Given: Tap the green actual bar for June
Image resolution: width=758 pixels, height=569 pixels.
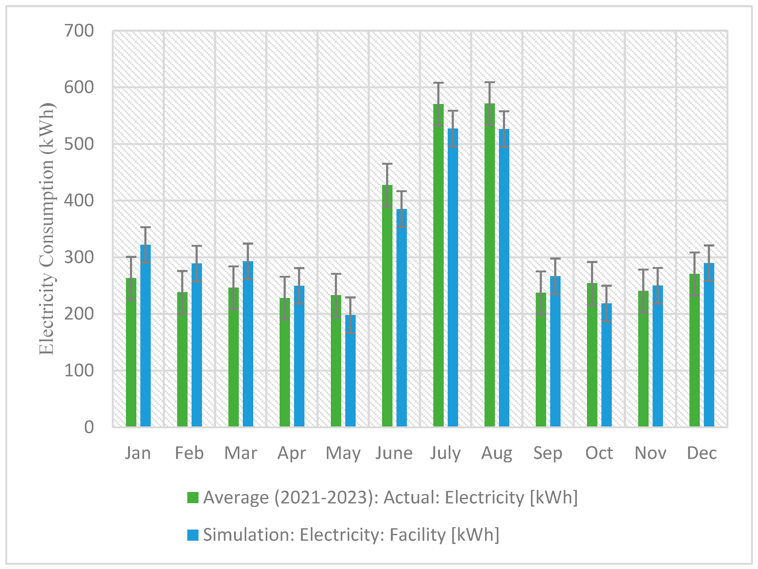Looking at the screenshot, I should (387, 308).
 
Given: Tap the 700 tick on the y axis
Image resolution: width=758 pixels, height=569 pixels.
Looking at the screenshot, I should (79, 31).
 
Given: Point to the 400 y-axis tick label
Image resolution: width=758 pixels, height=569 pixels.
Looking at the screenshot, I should (79, 201).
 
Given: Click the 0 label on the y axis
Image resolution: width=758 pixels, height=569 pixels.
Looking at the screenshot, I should (89, 427).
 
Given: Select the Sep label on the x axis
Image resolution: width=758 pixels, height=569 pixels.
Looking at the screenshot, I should (547, 453).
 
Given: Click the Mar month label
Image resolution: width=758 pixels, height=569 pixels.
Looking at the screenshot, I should (241, 453).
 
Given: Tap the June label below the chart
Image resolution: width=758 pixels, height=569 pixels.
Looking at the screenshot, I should (394, 453).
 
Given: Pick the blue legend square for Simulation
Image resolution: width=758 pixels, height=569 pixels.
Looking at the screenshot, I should (193, 535).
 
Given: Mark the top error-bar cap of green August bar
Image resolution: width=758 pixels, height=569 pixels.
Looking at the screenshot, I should (490, 83).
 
